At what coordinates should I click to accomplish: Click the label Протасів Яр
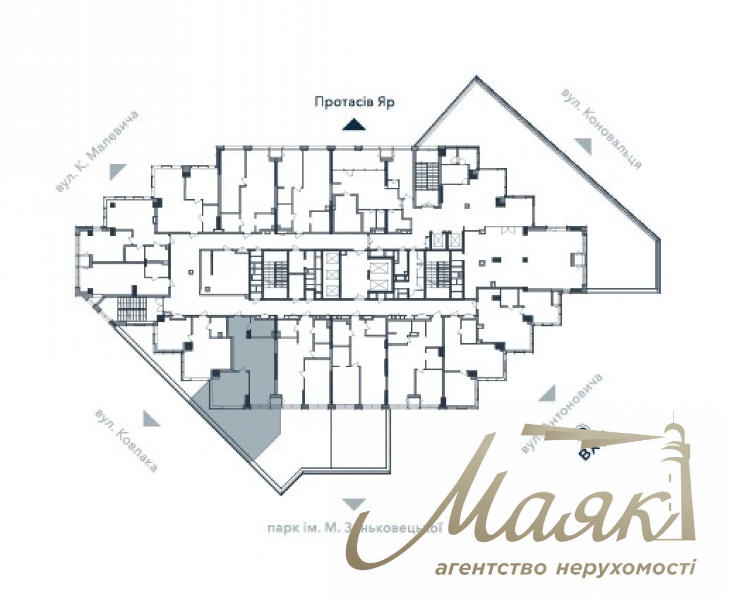[354, 102]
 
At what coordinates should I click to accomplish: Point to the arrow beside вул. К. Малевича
[118, 171]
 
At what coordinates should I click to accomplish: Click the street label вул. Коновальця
[601, 128]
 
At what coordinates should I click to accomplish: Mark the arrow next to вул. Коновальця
[583, 146]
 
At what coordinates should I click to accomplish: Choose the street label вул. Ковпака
[126, 441]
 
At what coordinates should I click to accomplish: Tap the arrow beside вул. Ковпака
[150, 418]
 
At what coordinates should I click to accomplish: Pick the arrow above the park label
[354, 503]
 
